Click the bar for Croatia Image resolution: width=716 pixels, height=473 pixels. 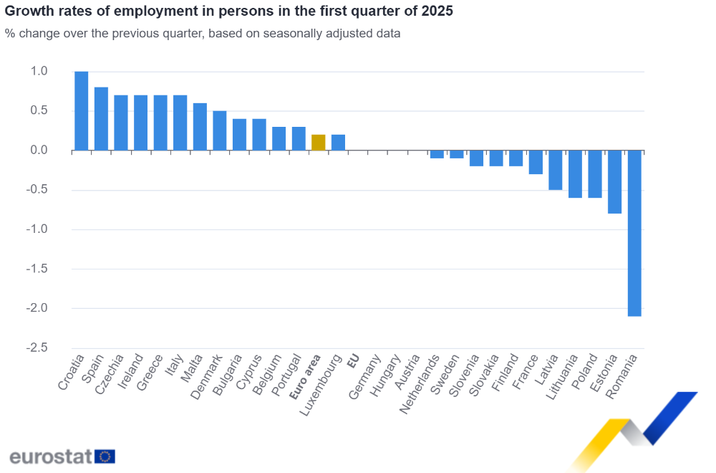click(x=82, y=111)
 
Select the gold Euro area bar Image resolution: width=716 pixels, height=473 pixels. click(x=319, y=143)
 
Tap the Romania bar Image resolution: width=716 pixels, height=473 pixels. click(x=634, y=233)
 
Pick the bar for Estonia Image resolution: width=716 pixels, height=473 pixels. click(x=614, y=182)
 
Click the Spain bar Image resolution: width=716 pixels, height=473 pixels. click(x=101, y=119)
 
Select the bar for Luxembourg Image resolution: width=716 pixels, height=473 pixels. click(x=338, y=143)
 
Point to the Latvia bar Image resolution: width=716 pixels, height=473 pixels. click(x=555, y=170)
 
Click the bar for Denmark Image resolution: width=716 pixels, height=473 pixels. click(x=220, y=130)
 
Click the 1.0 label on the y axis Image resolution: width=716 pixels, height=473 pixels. click(x=39, y=71)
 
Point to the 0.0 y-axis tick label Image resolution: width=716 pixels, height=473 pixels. click(x=39, y=150)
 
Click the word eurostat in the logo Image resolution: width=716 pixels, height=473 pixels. click(x=51, y=457)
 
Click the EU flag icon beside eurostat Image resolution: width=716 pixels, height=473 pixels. click(x=105, y=457)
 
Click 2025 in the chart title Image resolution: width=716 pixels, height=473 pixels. click(x=436, y=12)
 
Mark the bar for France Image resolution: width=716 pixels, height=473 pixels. click(x=536, y=162)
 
